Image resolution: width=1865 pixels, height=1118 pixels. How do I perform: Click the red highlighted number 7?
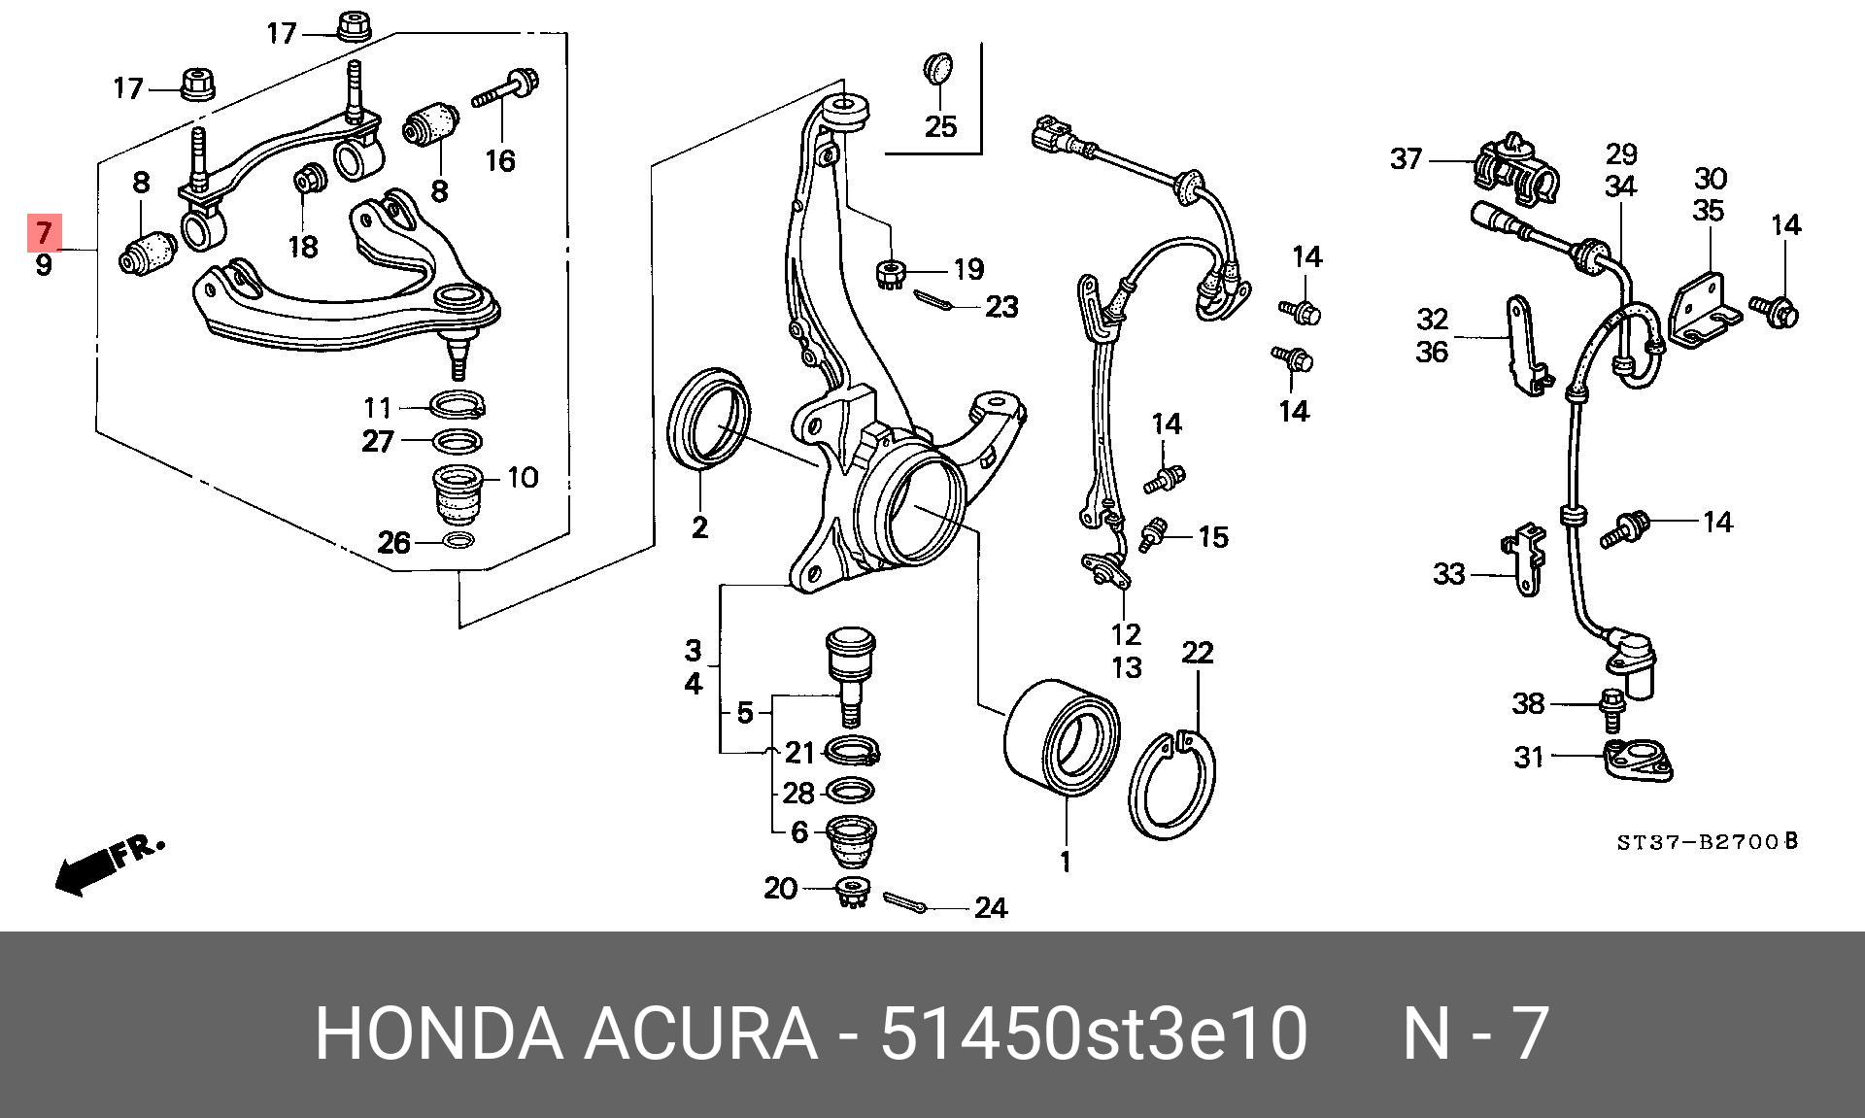pos(44,233)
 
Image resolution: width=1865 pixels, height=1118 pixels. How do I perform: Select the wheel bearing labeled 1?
pos(1061,742)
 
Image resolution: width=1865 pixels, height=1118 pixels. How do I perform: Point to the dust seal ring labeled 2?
pos(709,418)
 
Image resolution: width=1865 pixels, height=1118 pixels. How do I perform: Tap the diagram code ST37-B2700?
pos(1706,841)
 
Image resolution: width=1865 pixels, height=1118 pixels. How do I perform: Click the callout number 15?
pos(1212,536)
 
